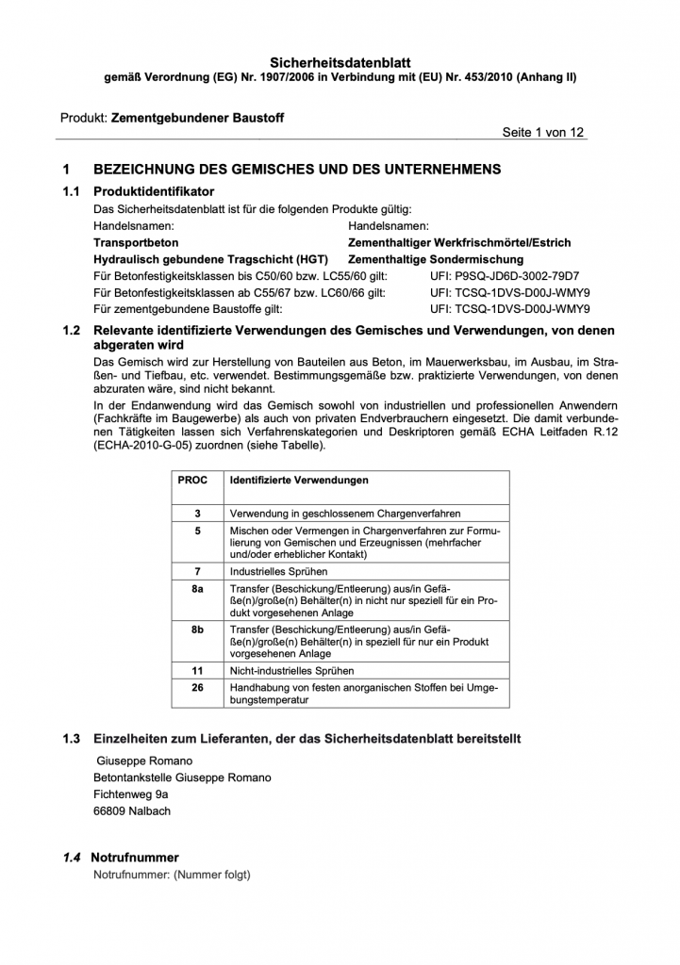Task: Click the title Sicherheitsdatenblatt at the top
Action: click(340, 60)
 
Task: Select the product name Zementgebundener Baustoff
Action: click(197, 118)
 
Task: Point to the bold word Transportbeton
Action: click(136, 242)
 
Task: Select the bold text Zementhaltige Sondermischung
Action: click(436, 258)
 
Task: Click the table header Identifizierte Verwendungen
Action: click(299, 481)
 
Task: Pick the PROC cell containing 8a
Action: click(198, 588)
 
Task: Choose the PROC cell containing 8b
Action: click(198, 629)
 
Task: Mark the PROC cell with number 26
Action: click(198, 688)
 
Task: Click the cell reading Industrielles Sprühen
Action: click(279, 571)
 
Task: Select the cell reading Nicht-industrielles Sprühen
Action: click(292, 671)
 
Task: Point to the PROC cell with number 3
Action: click(198, 514)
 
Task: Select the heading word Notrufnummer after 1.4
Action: click(135, 858)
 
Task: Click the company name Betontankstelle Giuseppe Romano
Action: click(182, 777)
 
